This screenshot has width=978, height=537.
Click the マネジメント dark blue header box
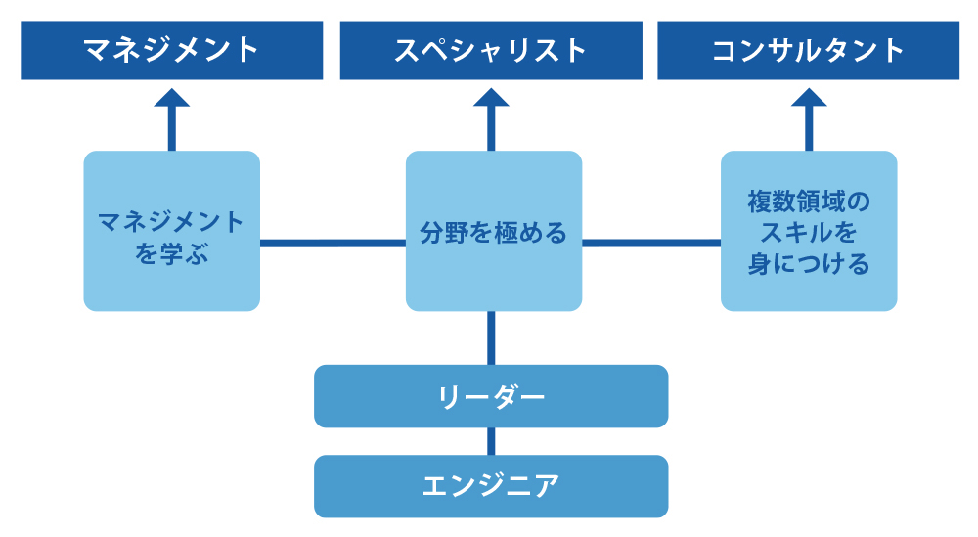coord(171,51)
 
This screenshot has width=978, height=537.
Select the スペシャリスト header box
coord(491,51)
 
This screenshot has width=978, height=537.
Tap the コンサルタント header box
coord(809,51)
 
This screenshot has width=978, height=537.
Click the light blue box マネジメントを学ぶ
coord(171,231)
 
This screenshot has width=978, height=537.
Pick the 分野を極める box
coord(494,231)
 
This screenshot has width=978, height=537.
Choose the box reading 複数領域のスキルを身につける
coord(809,231)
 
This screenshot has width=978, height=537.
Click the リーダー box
coord(491,396)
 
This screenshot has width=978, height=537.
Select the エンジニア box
coord(491,486)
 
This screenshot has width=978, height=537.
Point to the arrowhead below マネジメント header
coord(171,98)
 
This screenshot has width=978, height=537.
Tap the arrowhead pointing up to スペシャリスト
coord(491,98)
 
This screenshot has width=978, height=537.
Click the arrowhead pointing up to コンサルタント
coord(809,98)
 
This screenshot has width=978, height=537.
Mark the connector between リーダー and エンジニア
coord(491,441)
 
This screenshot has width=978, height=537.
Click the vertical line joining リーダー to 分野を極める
coord(491,338)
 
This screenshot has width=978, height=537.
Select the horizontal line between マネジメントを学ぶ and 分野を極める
coord(333,244)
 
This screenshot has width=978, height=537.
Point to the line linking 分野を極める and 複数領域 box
coord(651,244)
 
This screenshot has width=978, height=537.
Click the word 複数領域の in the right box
coord(809,201)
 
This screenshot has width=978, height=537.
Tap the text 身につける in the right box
coord(809,264)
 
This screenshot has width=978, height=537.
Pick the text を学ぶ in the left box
coord(171,254)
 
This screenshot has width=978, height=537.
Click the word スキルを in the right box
coord(809,233)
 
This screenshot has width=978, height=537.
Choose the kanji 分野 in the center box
coord(443,233)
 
